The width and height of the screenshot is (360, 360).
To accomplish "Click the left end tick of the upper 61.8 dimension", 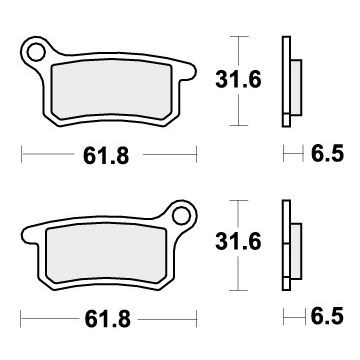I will [21, 155].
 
